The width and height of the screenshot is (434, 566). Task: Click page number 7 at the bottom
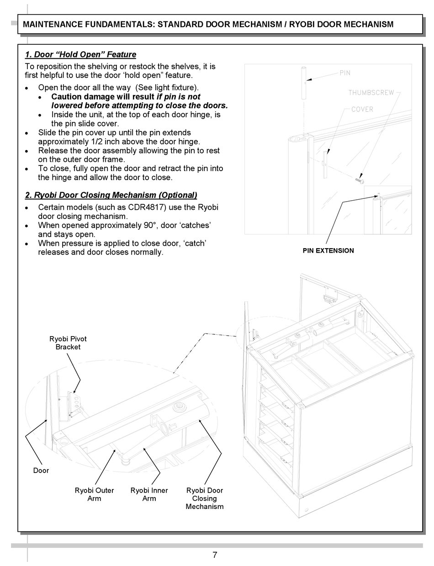(x=215, y=555)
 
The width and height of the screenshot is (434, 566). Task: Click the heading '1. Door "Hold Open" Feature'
(x=80, y=55)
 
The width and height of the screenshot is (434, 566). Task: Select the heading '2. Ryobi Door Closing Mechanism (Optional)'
(x=111, y=195)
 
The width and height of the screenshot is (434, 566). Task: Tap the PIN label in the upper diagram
(x=345, y=73)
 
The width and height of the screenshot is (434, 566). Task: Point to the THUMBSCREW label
(x=371, y=93)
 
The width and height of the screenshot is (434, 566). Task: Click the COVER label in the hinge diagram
(x=362, y=109)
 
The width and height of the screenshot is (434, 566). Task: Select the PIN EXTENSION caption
(x=328, y=250)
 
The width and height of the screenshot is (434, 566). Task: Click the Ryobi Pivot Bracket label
(x=68, y=343)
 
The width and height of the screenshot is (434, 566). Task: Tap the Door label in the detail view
(x=41, y=470)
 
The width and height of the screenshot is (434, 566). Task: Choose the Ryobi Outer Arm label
(x=94, y=494)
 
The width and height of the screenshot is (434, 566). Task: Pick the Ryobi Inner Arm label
(x=149, y=494)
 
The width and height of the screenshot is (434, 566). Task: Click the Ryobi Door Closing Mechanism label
(x=204, y=498)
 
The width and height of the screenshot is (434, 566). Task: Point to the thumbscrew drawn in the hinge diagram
(x=359, y=181)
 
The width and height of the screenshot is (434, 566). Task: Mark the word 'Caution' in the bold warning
(x=67, y=97)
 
